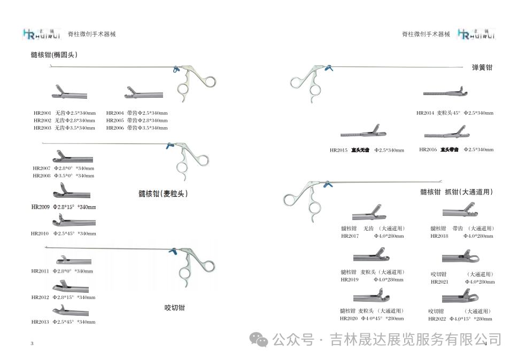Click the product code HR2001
(42, 113)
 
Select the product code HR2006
(115, 128)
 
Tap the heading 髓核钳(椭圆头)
(55, 54)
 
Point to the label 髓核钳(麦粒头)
(163, 193)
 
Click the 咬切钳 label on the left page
(174, 308)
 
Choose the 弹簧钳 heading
(482, 68)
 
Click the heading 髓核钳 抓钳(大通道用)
(456, 192)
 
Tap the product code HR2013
(40, 322)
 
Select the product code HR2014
(425, 113)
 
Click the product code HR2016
(428, 150)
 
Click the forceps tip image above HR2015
(363, 132)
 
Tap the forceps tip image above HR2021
(460, 259)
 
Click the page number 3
(32, 343)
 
